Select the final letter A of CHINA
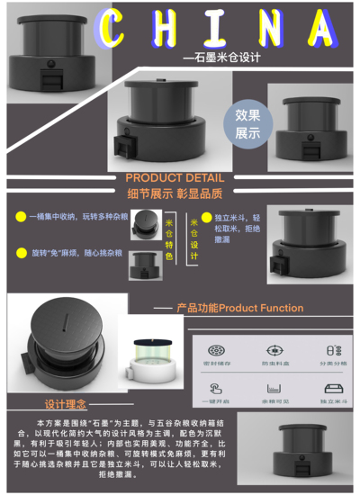click(x=322, y=27)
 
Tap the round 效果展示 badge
click(x=247, y=122)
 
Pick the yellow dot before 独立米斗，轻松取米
click(x=208, y=217)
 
